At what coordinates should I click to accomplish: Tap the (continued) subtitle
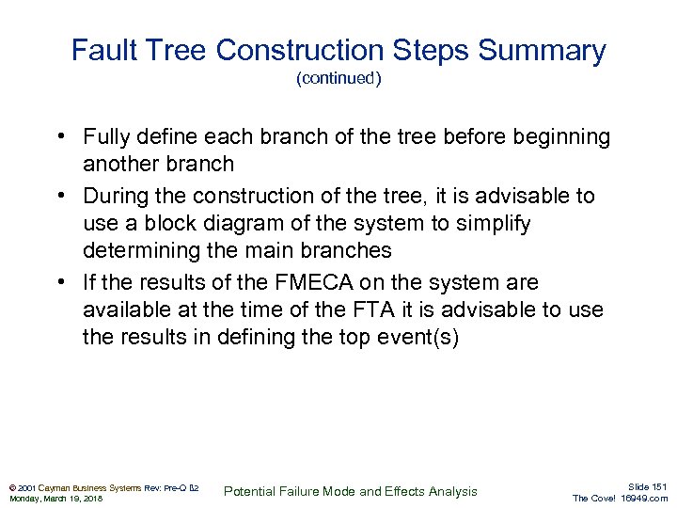pyautogui.click(x=338, y=79)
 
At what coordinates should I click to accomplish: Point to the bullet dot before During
pyautogui.click(x=59, y=197)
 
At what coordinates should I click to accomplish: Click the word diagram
pyautogui.click(x=239, y=223)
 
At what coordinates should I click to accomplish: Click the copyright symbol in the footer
pyautogui.click(x=10, y=487)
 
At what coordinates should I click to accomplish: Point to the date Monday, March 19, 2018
pyautogui.click(x=55, y=499)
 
